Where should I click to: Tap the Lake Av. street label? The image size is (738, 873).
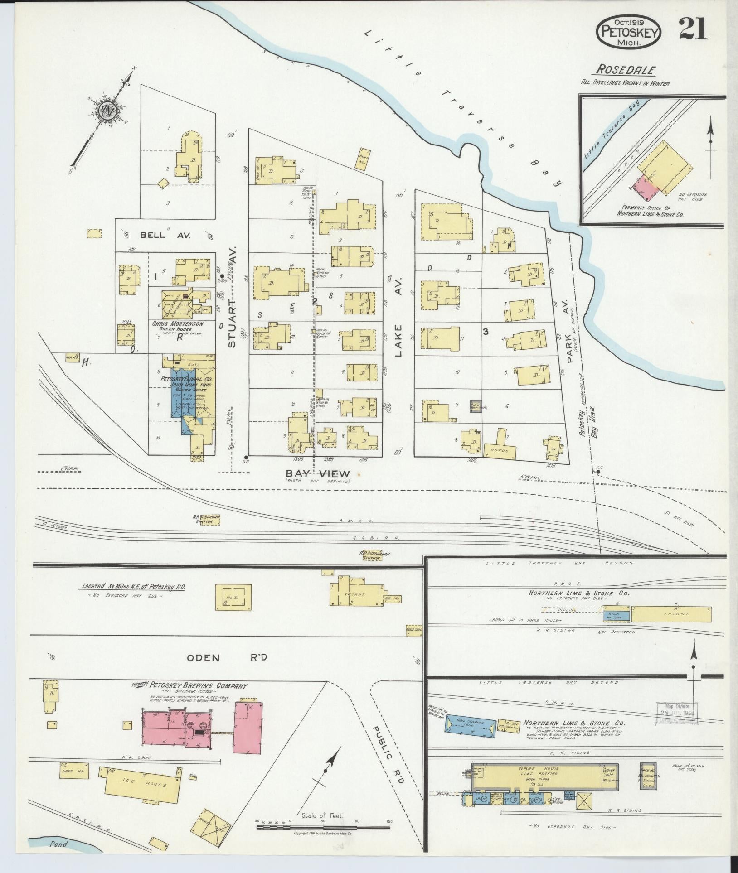(x=398, y=317)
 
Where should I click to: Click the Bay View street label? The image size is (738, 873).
(x=317, y=474)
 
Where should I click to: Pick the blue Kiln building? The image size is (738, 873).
(x=616, y=615)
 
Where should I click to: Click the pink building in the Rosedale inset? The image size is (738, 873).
(x=648, y=189)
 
